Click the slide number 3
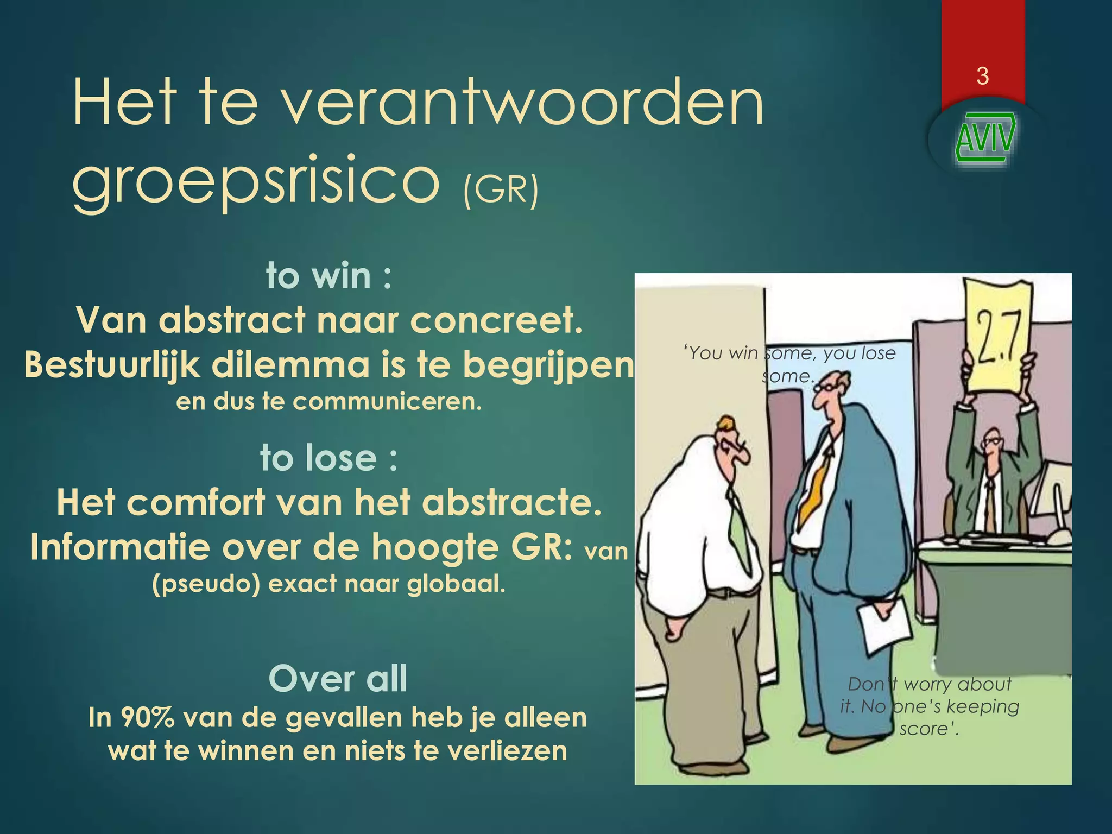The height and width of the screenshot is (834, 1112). click(x=982, y=76)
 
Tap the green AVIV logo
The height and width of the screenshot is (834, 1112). click(x=984, y=138)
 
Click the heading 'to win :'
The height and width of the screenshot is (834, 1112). click(x=329, y=276)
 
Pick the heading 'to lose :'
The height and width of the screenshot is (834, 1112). click(x=329, y=458)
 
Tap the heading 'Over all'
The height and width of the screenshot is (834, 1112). click(x=338, y=678)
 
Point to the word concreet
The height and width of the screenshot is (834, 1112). click(x=496, y=320)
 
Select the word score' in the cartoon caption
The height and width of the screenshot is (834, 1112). click(x=929, y=729)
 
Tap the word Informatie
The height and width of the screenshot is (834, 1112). click(x=120, y=547)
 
